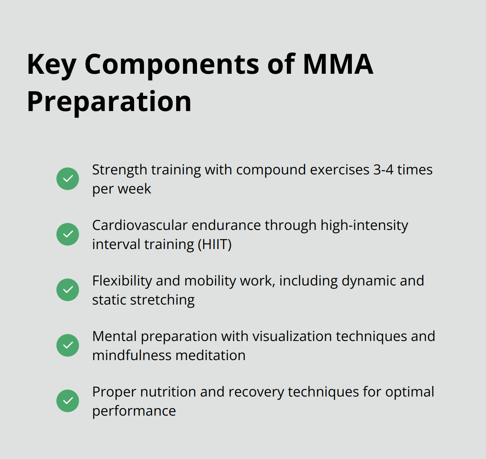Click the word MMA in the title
pyautogui.click(x=338, y=64)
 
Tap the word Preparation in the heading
pyautogui.click(x=109, y=102)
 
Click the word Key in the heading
pyautogui.click(x=52, y=65)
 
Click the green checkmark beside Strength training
pyautogui.click(x=68, y=179)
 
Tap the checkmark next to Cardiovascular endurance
pyautogui.click(x=68, y=234)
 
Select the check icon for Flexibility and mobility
pyautogui.click(x=68, y=290)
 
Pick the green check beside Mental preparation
pyautogui.click(x=68, y=345)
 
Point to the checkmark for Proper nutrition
pyautogui.click(x=68, y=401)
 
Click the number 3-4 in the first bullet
pyautogui.click(x=384, y=170)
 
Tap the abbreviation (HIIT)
pyautogui.click(x=214, y=245)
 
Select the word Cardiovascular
pyautogui.click(x=140, y=225)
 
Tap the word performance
pyautogui.click(x=134, y=412)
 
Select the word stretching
pyautogui.click(x=162, y=301)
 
